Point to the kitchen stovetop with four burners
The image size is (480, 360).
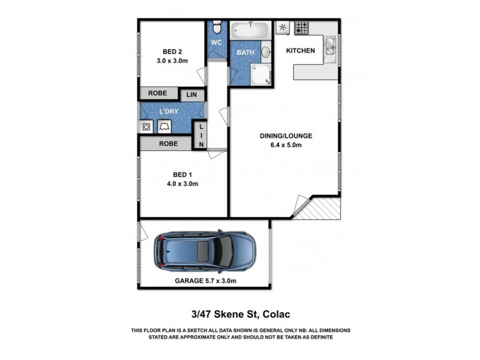click(x=301, y=28)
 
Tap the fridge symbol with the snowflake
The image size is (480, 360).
click(x=283, y=28)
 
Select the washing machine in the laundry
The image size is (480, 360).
click(x=146, y=127)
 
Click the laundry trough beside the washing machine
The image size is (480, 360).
click(x=164, y=127)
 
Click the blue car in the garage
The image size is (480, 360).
click(x=204, y=251)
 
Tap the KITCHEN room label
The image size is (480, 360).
click(x=300, y=51)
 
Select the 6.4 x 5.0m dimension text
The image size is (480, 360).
click(x=285, y=145)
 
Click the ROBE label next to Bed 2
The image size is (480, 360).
click(x=158, y=94)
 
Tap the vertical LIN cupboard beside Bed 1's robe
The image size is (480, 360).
click(x=201, y=135)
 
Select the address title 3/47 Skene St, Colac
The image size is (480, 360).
click(x=240, y=314)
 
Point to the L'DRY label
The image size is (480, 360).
click(x=169, y=112)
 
